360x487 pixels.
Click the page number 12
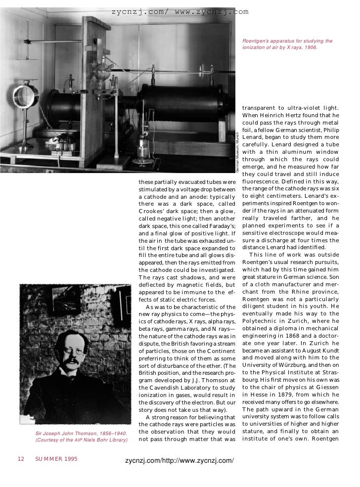click(x=21, y=459)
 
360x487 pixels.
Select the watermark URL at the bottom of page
click(x=180, y=461)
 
